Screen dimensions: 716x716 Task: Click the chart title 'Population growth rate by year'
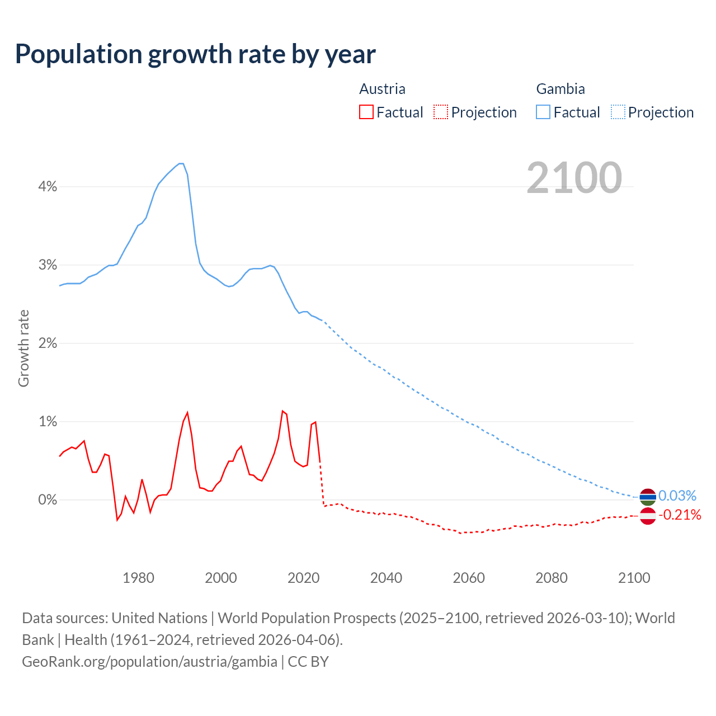195,54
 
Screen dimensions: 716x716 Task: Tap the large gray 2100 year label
574,178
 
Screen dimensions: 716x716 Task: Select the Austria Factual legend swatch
366,112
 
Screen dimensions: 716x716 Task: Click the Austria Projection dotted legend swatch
441,112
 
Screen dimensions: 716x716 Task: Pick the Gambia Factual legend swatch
543,112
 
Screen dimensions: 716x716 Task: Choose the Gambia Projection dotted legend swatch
618,112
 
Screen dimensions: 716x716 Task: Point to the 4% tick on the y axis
48,187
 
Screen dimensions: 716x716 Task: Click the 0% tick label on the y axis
48,500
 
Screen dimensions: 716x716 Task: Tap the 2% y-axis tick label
48,343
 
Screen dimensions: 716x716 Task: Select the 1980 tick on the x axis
138,578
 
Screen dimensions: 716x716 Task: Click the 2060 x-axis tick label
469,578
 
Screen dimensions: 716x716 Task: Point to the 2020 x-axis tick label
303,578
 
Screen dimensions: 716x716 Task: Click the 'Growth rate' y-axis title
23,348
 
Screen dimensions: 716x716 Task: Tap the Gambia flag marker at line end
647,497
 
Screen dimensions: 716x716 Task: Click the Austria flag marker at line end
647,515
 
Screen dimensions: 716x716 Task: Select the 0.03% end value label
677,496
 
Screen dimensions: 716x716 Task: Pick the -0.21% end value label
679,515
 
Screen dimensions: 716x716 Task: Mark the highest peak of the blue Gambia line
181,163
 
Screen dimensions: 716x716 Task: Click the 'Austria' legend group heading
382,89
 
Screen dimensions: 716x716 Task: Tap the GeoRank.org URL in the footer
149,662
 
